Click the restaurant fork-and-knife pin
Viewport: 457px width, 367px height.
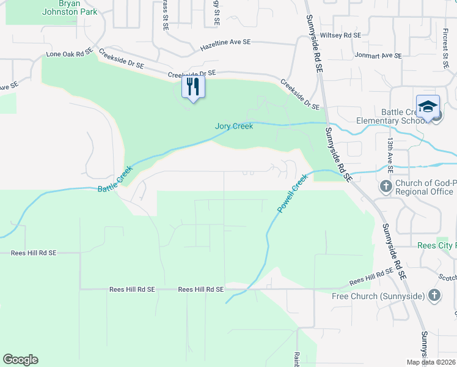point(193,87)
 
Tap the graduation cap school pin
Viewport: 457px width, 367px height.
point(428,106)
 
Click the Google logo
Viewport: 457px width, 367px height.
point(20,360)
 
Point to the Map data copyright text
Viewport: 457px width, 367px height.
point(431,362)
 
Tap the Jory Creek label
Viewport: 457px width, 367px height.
point(234,127)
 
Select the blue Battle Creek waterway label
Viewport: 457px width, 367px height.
point(115,180)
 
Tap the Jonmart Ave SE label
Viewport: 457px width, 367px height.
point(379,55)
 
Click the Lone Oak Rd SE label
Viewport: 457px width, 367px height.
point(68,54)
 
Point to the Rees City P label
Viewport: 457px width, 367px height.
point(436,245)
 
